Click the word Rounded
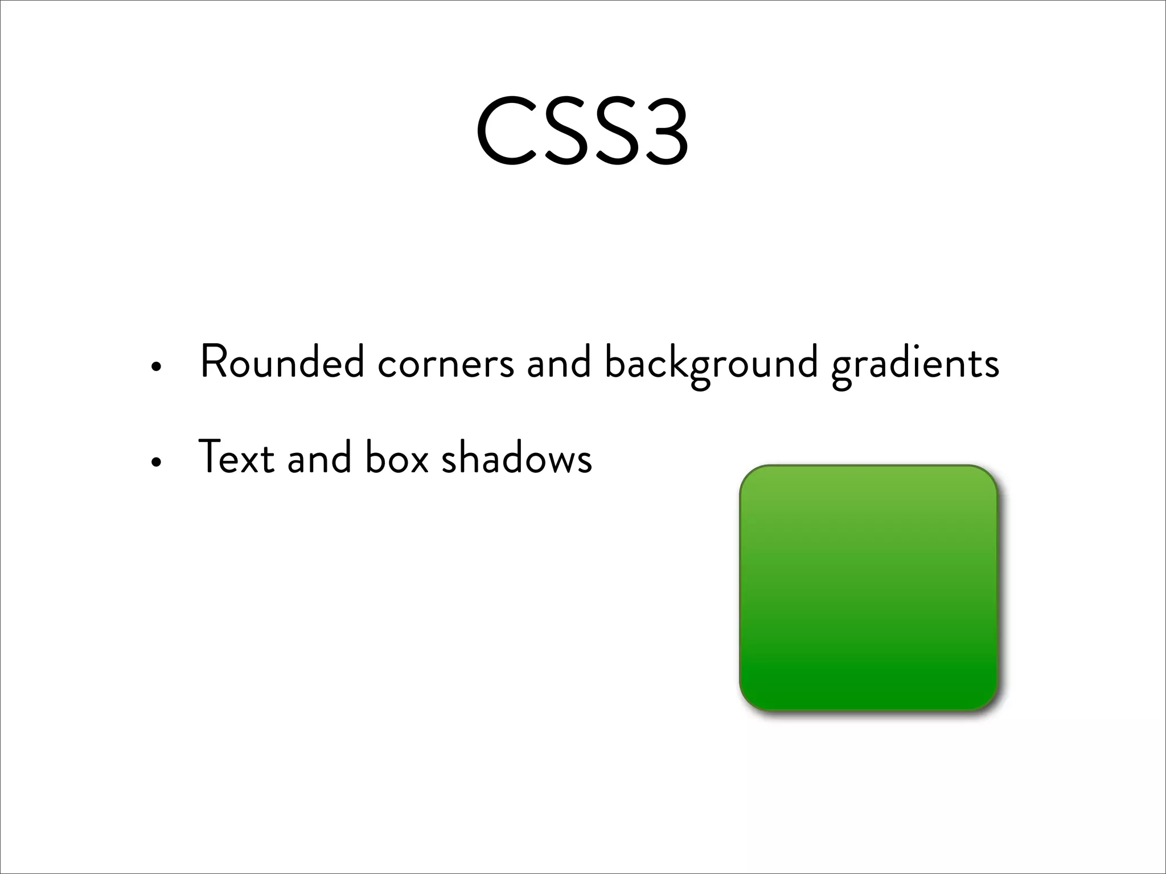282,363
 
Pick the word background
711,364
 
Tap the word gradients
915,364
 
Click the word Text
236,458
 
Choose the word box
396,458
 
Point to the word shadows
516,458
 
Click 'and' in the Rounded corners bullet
559,364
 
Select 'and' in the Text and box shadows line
319,458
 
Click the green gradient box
869,588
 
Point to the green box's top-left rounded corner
750,476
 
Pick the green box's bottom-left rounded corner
750,700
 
